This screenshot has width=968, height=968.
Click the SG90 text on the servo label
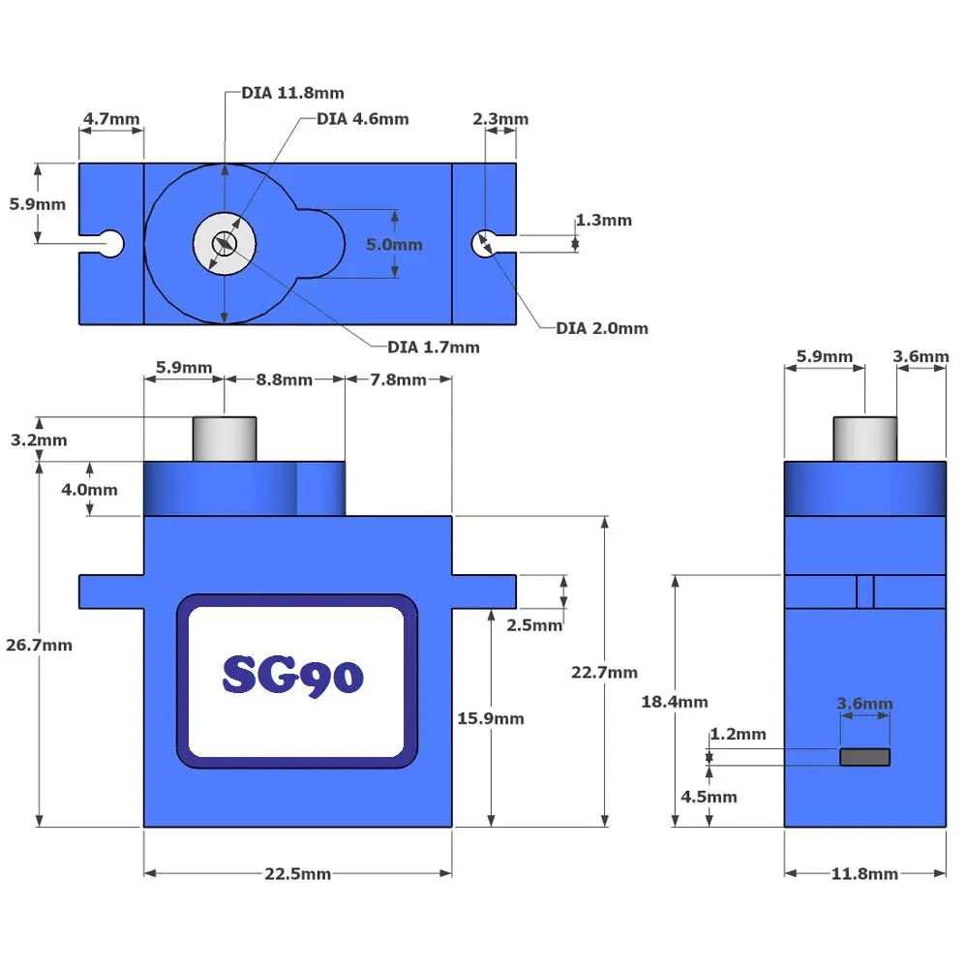click(293, 675)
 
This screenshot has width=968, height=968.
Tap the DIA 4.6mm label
click(362, 119)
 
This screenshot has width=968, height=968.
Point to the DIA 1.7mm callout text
click(433, 347)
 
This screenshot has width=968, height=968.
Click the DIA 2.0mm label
click(602, 328)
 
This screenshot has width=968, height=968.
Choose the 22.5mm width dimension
click(297, 874)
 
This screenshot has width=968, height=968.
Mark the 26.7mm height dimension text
click(39, 645)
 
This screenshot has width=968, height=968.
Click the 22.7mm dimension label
click(604, 672)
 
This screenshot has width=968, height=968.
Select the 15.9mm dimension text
click(491, 718)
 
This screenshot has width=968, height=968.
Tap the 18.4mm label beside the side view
click(675, 702)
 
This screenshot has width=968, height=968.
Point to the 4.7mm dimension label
click(110, 119)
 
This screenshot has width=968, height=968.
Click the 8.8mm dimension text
click(285, 379)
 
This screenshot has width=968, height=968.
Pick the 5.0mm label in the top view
click(394, 245)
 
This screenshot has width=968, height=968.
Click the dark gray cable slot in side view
click(864, 757)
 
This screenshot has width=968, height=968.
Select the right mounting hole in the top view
click(483, 243)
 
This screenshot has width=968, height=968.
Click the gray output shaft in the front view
click(225, 439)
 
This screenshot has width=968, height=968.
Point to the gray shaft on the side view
click(864, 439)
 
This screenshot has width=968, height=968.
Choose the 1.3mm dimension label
click(603, 221)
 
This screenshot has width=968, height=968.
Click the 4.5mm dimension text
click(709, 797)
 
